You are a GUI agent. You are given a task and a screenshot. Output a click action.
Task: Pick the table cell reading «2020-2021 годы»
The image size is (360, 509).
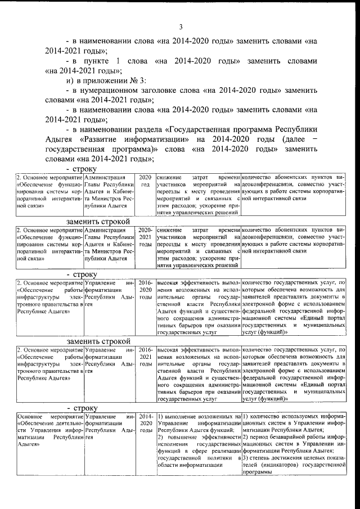coord(145,237)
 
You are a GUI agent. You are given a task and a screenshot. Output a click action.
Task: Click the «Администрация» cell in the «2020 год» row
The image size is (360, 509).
coord(102,177)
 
